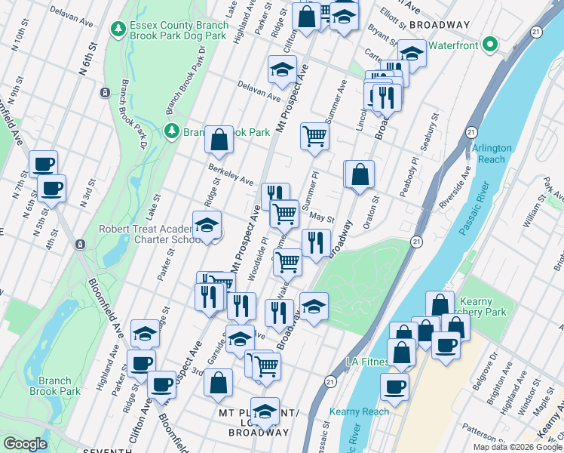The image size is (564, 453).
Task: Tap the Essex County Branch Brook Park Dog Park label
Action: tap(178, 29)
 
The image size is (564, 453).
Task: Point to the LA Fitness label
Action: tap(367, 361)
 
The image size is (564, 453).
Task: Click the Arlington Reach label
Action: tap(492, 154)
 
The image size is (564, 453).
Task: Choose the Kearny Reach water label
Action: tap(359, 411)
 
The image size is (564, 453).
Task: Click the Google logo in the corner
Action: tap(24, 444)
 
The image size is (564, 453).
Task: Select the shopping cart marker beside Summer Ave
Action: tap(314, 137)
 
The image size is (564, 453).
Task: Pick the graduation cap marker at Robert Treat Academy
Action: tap(207, 226)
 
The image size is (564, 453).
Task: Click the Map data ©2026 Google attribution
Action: tap(517, 447)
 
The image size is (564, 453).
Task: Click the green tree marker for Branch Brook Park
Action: tap(172, 131)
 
